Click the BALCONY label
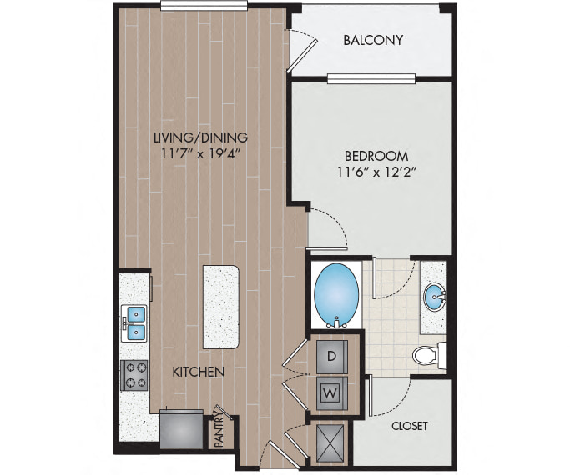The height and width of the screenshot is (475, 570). pos(373,39)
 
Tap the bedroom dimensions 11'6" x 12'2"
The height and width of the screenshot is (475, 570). pos(376,172)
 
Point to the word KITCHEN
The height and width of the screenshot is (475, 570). pos(198,372)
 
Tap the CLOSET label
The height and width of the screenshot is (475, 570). pos(409,426)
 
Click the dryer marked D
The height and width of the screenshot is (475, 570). pos(332,357)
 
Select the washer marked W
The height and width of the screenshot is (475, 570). pos(332,393)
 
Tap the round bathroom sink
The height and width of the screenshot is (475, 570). pos(435,297)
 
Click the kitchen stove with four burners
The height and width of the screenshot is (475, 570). pos(134,375)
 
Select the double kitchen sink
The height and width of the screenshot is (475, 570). pos(134,323)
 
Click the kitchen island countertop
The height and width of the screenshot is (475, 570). pos(220,307)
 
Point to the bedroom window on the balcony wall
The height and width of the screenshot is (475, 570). pos(371,78)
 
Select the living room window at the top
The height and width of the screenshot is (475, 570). pos(204,6)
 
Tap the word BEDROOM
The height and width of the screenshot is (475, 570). pos(376,156)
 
